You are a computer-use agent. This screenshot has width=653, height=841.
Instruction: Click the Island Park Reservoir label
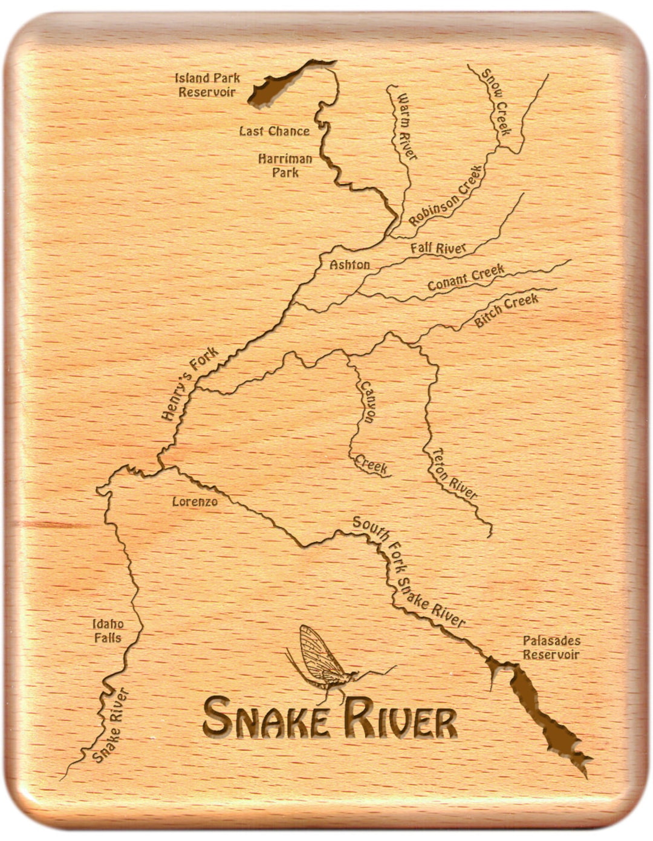coord(207,85)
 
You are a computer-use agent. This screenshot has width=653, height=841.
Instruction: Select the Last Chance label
coord(274,131)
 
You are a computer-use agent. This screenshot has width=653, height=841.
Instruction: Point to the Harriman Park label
coord(285,165)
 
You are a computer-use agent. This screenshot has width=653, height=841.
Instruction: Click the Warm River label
coord(405,126)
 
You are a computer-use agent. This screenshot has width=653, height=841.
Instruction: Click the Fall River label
coord(438,248)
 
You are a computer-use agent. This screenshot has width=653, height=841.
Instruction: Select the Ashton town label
coord(349,265)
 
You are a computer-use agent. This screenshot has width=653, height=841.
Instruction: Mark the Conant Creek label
coord(466,278)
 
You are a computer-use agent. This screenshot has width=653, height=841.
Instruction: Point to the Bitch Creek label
coord(506,310)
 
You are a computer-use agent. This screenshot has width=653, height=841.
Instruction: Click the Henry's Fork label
coord(189,385)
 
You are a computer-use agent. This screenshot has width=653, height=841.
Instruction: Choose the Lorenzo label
coord(195,502)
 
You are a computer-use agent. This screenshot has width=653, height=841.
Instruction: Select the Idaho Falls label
coord(108,631)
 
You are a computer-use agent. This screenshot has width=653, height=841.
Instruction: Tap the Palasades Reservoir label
coord(551,648)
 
